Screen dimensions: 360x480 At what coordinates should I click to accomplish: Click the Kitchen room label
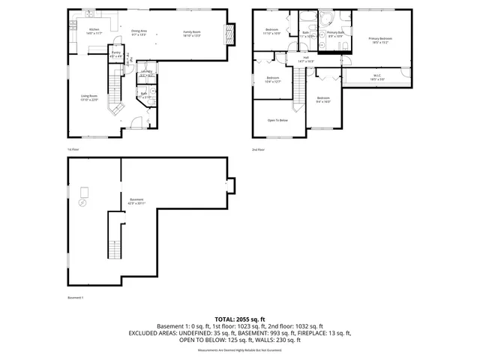pos(94,30)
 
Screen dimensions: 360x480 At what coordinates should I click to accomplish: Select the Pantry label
pos(116,54)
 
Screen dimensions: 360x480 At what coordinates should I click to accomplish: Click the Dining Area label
pos(139,31)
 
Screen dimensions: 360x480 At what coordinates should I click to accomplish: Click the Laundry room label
pos(146,74)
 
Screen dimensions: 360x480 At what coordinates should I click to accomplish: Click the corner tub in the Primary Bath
pos(328,19)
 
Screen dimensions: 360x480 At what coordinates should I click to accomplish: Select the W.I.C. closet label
pos(377,75)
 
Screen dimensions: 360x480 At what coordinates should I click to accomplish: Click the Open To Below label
pos(278,120)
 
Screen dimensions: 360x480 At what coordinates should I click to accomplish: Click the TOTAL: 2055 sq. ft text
pos(239,319)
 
